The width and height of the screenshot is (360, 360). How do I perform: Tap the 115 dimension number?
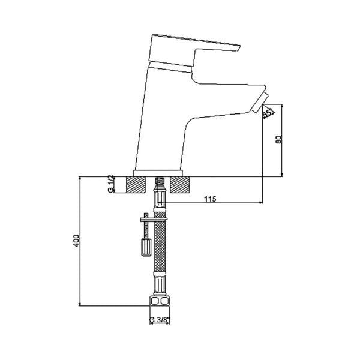(x=211, y=199)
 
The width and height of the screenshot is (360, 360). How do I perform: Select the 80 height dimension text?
(x=278, y=139)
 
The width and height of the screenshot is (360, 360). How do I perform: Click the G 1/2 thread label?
(x=111, y=184)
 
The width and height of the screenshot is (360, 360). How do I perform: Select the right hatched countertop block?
(x=181, y=184)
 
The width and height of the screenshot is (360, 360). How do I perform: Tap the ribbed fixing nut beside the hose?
(x=145, y=246)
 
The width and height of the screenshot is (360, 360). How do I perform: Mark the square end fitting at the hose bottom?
(x=160, y=301)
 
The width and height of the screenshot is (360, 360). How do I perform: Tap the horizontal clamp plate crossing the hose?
(x=151, y=218)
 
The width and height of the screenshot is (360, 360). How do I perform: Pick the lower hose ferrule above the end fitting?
(x=160, y=282)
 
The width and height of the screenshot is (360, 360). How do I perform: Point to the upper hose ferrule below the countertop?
(x=160, y=198)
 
